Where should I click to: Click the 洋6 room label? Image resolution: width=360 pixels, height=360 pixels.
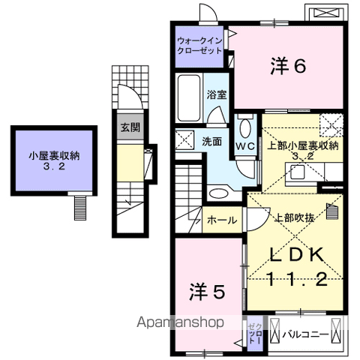[x=288, y=67]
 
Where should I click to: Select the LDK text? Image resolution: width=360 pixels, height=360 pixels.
[x=291, y=255]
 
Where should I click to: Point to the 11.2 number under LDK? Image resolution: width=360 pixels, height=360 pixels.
[x=291, y=280]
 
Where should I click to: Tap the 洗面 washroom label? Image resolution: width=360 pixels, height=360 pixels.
[x=212, y=139]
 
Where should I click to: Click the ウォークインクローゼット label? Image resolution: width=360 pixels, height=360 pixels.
[x=200, y=46]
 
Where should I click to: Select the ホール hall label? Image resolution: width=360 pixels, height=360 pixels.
[x=223, y=220]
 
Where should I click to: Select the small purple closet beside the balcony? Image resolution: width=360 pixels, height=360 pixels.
[x=254, y=331]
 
